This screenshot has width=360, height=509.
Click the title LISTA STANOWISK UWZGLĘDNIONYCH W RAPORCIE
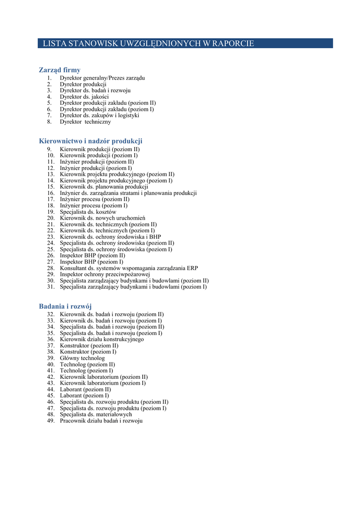coord(148,44)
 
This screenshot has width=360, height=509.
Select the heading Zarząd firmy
coord(60,70)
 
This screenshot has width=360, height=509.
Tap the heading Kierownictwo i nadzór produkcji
coord(90,141)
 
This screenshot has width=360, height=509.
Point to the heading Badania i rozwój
coord(65,306)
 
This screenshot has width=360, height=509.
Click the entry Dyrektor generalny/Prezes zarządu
coord(102,78)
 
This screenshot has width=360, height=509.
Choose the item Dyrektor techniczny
coord(86,122)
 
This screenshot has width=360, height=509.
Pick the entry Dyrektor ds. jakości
coord(84,97)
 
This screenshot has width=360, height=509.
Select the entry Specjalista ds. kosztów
coord(88,212)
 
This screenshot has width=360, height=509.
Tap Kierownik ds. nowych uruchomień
coord(102,218)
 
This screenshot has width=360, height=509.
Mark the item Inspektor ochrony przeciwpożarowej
coord(105,274)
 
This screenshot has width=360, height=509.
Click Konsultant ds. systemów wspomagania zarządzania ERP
coord(129,268)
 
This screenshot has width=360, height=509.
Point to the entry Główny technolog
coord(83,358)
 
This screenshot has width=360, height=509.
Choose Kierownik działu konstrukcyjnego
coord(102,339)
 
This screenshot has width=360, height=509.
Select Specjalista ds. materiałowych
coord(96,414)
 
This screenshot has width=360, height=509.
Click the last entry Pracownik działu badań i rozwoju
coord(101,421)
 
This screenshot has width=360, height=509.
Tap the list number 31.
coord(51,287)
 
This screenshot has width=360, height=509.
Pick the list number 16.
coord(51,193)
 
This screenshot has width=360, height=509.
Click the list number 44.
coord(51,389)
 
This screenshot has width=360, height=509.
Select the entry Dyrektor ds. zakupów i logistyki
coord(99,115)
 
